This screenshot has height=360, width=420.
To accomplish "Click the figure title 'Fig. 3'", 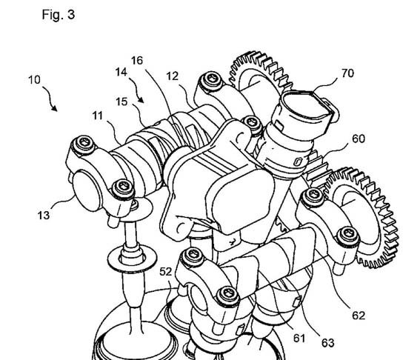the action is [59, 15].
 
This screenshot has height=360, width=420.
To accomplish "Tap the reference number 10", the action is [34, 80].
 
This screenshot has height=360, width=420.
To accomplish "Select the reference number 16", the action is [137, 61].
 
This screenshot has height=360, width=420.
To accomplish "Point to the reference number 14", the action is [121, 72].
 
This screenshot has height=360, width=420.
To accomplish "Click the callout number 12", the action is [173, 76].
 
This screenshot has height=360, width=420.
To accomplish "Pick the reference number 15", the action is [121, 101].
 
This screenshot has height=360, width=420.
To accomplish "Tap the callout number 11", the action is [98, 116].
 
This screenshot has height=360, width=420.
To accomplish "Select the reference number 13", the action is [44, 216].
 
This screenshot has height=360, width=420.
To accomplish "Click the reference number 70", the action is [347, 73].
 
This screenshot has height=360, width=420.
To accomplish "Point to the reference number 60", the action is [359, 139].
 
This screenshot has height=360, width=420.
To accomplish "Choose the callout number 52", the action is [165, 272].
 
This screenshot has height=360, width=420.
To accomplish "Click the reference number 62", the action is [359, 316].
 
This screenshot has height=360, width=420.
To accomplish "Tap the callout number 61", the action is [299, 339].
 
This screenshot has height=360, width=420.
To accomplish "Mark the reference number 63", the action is [328, 343].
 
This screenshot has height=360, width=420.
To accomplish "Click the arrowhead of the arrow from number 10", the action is [55, 109].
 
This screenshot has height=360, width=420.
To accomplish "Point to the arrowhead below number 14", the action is [141, 100].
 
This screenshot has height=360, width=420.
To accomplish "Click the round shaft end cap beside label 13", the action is [85, 190].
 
